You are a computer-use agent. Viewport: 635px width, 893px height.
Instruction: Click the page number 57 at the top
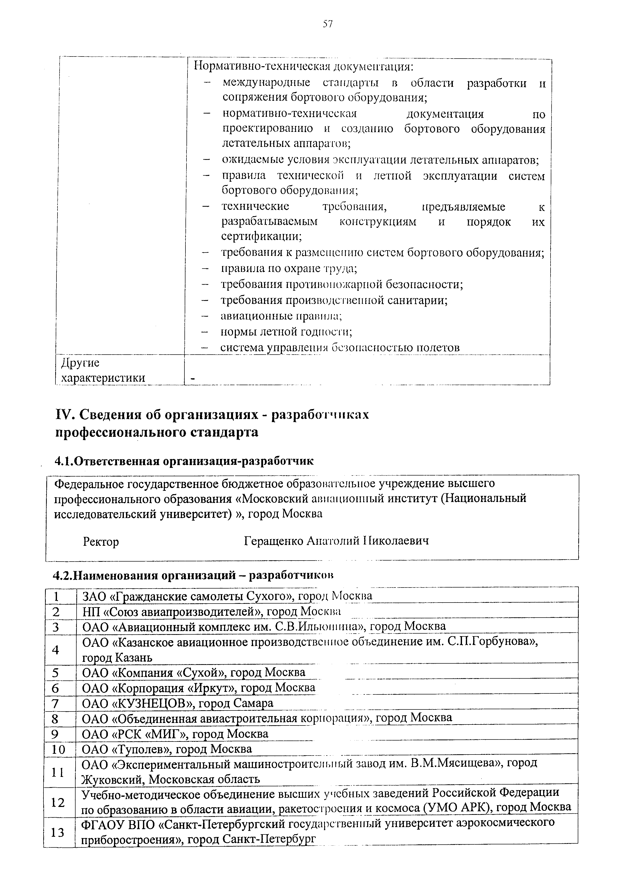(328, 24)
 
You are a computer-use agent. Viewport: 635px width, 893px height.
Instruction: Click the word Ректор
(101, 542)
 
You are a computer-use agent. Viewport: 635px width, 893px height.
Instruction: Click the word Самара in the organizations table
(253, 703)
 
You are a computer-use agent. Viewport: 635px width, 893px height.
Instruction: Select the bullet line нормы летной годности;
(286, 332)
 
